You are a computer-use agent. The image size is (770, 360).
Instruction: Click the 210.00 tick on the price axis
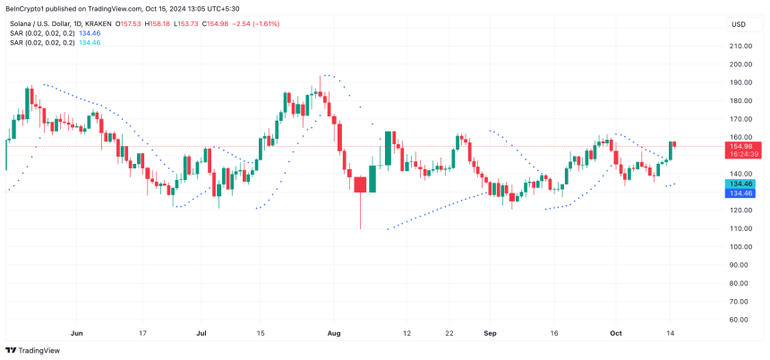(739, 46)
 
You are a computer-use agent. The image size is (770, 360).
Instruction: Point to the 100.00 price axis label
(739, 246)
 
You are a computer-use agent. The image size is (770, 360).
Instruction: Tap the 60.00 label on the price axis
(739, 319)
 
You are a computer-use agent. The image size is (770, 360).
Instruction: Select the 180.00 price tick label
(739, 100)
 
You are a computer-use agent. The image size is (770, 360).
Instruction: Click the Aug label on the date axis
(334, 333)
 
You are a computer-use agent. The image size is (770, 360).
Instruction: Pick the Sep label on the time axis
(491, 333)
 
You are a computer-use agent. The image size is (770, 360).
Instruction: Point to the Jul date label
(201, 333)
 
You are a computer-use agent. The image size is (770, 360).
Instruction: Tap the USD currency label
(739, 24)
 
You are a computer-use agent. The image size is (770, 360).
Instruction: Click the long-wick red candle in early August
(360, 185)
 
